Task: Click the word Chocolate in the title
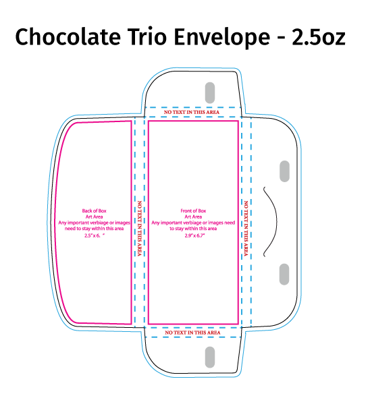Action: tap(68, 36)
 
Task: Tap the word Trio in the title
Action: tap(148, 36)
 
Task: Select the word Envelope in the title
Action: tap(222, 38)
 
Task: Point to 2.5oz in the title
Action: tap(319, 37)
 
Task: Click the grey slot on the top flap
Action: tap(210, 92)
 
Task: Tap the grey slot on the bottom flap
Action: tap(210, 357)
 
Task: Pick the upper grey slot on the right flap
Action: tap(284, 171)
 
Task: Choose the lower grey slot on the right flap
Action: tap(284, 274)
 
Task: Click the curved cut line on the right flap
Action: tap(277, 221)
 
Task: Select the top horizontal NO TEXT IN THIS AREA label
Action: tap(192, 112)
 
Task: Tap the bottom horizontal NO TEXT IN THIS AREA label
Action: tap(192, 333)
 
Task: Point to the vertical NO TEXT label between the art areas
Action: tap(140, 229)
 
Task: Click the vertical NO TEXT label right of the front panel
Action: tap(246, 229)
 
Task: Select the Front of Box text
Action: tap(193, 210)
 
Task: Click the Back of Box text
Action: tap(94, 210)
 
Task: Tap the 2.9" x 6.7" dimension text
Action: tap(194, 235)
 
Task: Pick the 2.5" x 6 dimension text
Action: tap(95, 235)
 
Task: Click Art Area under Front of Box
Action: tap(193, 217)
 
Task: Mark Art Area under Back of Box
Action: tap(94, 217)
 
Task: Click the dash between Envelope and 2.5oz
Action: tap(281, 38)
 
